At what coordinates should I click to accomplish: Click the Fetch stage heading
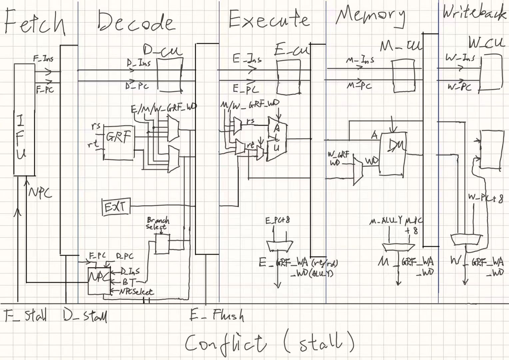point(34,22)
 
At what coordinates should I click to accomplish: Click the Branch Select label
point(158,224)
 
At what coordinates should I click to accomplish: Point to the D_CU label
point(163,51)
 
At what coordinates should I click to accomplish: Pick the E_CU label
point(292,50)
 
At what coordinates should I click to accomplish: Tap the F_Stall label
point(25,315)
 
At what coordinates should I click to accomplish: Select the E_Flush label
point(217,315)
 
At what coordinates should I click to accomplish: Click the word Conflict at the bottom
point(225,343)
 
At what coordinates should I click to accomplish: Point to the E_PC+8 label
point(277,220)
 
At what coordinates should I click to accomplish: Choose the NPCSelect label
point(137,292)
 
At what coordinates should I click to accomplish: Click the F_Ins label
point(43,59)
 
